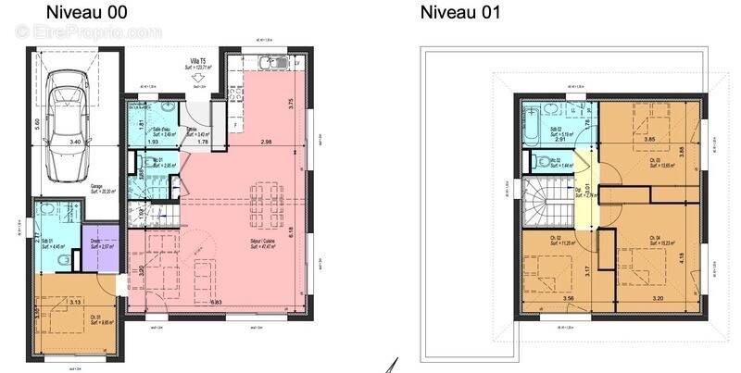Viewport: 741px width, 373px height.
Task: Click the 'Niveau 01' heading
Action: coord(460,12)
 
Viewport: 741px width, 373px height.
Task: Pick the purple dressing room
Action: coord(100,247)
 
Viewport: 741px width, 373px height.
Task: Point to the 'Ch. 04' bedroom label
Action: coord(654,239)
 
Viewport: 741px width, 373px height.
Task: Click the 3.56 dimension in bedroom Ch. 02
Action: coord(555,298)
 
